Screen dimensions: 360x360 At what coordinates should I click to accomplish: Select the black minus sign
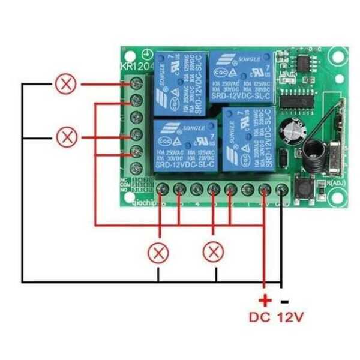[284, 301]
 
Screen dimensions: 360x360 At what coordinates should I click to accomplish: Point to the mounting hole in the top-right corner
[338, 56]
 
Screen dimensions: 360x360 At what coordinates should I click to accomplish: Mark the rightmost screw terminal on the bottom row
[282, 190]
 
